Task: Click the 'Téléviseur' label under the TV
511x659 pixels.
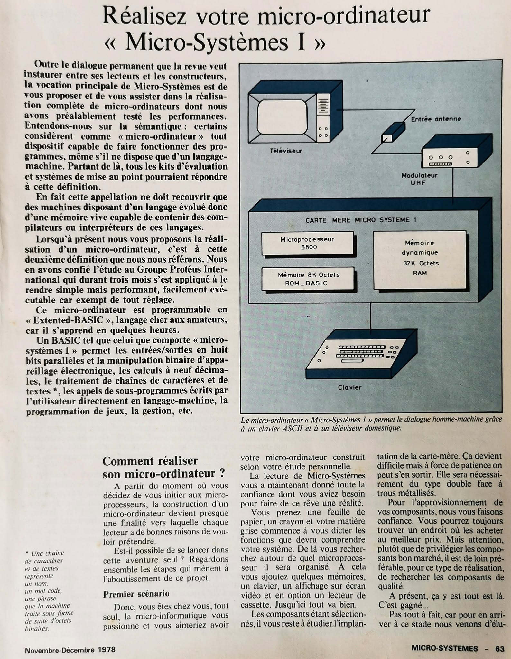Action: (286, 151)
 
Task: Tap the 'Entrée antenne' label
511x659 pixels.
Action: (436, 119)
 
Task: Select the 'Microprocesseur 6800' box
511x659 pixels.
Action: (308, 243)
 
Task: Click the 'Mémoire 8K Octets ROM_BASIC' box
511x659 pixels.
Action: (308, 279)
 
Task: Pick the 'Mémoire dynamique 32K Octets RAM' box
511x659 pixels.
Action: (420, 260)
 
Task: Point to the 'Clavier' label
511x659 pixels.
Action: (350, 388)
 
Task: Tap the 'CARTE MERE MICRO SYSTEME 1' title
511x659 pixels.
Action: (361, 220)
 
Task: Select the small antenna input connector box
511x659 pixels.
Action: (393, 132)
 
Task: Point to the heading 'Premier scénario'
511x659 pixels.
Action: (136, 594)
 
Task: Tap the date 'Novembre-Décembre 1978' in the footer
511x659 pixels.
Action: (70, 649)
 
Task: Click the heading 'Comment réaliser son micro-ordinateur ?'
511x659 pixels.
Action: (163, 467)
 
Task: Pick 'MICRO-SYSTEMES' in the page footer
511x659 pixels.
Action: (444, 648)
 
